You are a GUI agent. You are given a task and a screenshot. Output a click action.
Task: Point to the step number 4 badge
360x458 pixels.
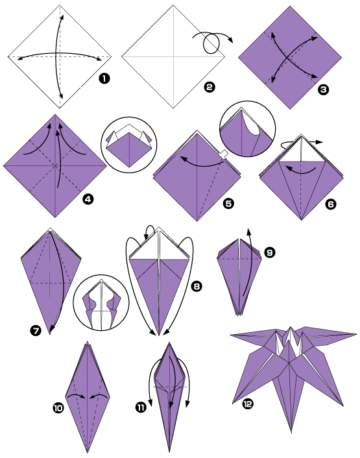coord(88,199)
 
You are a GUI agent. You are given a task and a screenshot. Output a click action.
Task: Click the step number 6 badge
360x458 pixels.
coord(331,204)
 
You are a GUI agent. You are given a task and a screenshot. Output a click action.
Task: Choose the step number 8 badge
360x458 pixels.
coord(195,285)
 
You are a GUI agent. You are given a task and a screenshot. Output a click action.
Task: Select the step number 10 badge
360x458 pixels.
coord(58,408)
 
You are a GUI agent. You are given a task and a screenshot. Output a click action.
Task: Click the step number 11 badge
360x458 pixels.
coord(141,407)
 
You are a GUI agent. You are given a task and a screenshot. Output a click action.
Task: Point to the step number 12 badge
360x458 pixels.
coord(247,404)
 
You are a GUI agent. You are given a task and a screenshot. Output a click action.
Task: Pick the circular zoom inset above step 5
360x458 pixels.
coord(248,128)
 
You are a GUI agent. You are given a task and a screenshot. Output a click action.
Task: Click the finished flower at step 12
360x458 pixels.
coord(292,370)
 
